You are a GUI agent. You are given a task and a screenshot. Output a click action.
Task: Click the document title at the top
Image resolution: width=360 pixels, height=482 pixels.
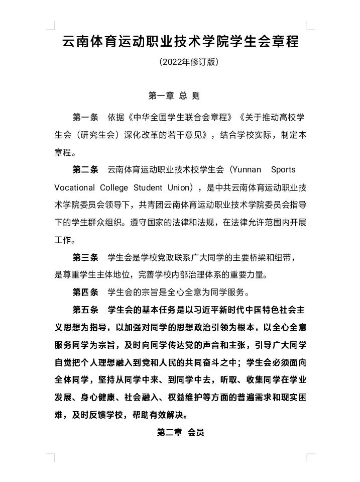point(180,41)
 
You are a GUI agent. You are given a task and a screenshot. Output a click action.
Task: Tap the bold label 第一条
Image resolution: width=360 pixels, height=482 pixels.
point(85,118)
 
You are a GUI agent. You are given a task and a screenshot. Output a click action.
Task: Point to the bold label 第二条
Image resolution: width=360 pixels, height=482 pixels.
point(85,169)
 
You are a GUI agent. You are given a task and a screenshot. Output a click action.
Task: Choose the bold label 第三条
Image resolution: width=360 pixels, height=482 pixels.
point(85,257)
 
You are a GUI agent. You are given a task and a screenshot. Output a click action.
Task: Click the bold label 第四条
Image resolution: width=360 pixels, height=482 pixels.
point(85,292)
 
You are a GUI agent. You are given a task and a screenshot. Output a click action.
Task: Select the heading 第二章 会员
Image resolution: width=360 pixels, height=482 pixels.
point(180,433)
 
